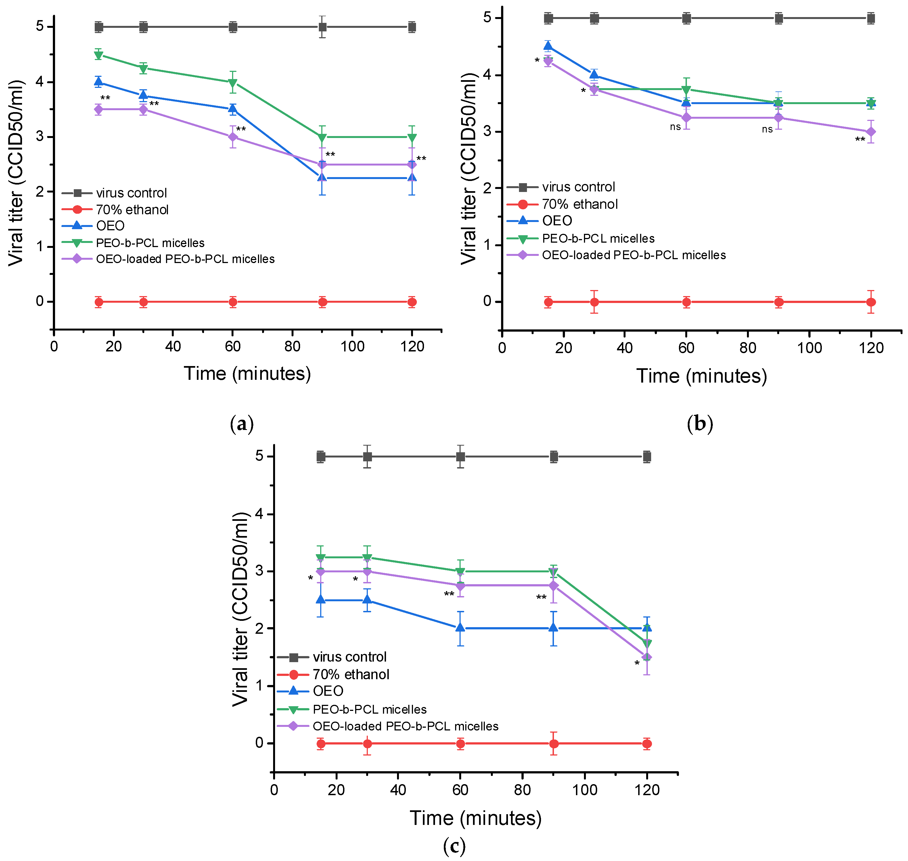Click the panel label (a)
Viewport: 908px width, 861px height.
(241, 424)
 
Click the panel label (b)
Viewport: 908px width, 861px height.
(700, 424)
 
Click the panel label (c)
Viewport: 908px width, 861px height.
(454, 845)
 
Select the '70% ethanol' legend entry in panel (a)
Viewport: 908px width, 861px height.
(132, 210)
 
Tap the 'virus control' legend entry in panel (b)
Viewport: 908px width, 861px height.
(578, 187)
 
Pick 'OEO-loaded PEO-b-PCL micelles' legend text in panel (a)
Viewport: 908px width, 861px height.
(185, 259)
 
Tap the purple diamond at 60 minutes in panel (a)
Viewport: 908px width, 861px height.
(233, 137)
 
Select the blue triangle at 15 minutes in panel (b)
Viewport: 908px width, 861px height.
(548, 46)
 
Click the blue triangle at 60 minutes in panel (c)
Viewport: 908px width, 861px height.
(460, 628)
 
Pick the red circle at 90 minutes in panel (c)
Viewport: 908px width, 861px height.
(554, 743)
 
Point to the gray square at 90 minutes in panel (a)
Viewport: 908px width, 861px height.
(323, 27)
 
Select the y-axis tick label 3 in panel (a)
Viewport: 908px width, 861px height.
(40, 137)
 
